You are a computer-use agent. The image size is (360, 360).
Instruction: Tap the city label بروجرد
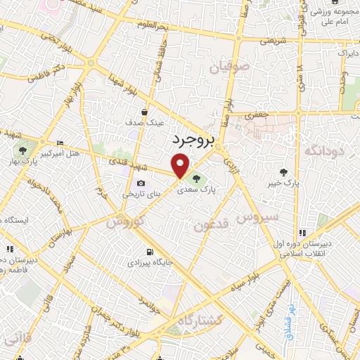pyautogui.click(x=192, y=141)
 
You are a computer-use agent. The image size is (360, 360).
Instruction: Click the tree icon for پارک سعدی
pyautogui.click(x=195, y=177)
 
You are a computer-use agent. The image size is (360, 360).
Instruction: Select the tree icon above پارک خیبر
pyautogui.click(x=284, y=172)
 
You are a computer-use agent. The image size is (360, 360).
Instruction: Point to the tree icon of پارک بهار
pyautogui.click(x=23, y=149)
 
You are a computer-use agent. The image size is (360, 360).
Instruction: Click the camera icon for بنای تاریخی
pyautogui.click(x=141, y=184)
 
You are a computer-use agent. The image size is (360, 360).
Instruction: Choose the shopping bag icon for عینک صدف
pyautogui.click(x=144, y=112)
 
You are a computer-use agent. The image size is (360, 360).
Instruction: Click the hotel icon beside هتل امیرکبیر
pyautogui.click(x=60, y=141)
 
